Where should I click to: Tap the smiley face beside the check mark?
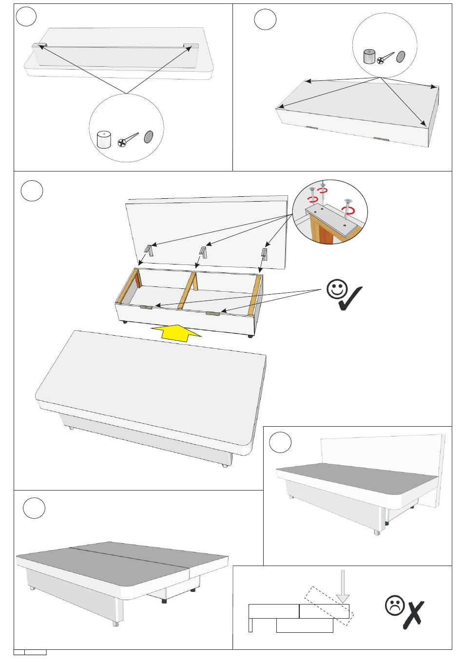[x=336, y=289]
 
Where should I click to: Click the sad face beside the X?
[x=394, y=605]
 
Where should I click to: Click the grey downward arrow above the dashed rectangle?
[x=343, y=587]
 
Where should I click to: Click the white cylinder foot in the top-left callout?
[x=104, y=139]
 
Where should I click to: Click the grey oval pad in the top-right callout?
[x=401, y=57]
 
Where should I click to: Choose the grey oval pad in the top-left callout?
[x=149, y=137]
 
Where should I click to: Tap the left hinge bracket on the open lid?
[x=149, y=250]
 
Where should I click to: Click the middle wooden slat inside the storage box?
[x=188, y=290]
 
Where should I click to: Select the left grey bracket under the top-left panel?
[x=39, y=45]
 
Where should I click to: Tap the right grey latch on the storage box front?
[x=212, y=313]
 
